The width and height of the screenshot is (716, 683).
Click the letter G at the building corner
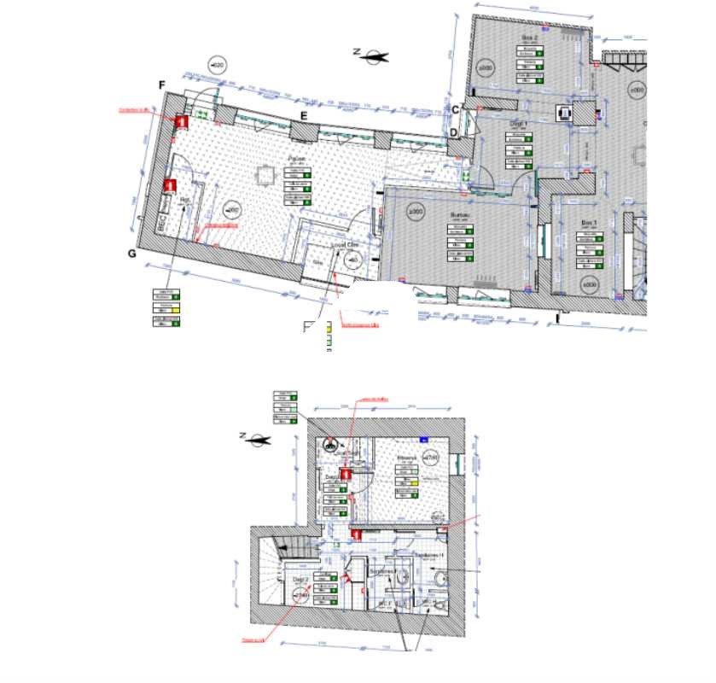click(x=131, y=254)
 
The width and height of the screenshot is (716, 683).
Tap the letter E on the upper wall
click(x=302, y=116)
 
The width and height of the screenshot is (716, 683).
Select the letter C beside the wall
click(x=456, y=108)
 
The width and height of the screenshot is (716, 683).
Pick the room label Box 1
click(x=589, y=223)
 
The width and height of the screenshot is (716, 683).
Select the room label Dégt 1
click(x=520, y=124)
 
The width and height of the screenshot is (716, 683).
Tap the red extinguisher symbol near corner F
click(x=181, y=122)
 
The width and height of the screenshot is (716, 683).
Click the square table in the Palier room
click(x=265, y=175)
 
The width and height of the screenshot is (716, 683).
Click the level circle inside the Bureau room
click(x=416, y=211)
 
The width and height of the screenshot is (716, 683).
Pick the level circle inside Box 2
click(x=485, y=67)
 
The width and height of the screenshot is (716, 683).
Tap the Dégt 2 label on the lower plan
click(x=300, y=580)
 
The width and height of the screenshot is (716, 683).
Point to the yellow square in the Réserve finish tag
click(x=414, y=483)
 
